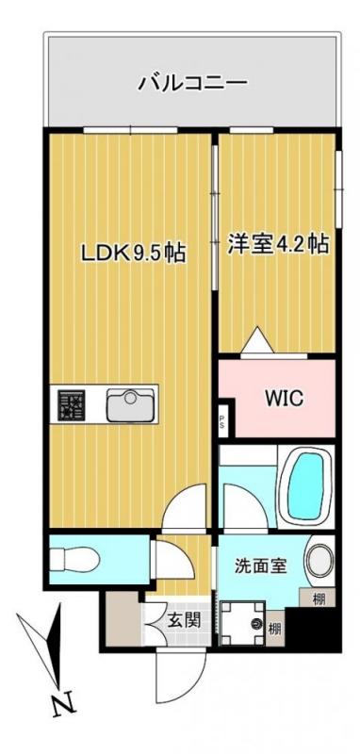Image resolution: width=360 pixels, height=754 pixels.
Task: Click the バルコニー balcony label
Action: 193,83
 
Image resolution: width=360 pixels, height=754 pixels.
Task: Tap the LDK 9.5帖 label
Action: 134,253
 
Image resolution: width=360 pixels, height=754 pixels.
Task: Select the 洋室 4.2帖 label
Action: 278,244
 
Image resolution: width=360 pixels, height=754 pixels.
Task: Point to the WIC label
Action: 284,398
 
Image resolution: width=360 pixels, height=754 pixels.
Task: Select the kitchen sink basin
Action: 130,405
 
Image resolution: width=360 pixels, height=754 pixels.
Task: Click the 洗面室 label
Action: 260,565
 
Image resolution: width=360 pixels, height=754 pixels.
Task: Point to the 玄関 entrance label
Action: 184,621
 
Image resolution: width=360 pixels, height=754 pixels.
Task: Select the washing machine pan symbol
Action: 243,623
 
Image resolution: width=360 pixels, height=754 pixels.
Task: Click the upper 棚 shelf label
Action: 319,599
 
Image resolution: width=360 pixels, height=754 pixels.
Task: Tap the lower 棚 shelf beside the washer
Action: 274,628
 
